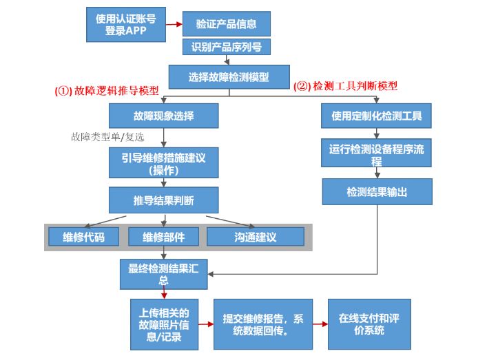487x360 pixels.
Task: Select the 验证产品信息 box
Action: click(227, 24)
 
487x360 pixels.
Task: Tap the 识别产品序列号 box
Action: click(227, 47)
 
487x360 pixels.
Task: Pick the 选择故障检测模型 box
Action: click(229, 76)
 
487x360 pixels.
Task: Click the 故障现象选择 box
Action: click(163, 116)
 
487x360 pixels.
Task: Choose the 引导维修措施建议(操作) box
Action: click(163, 163)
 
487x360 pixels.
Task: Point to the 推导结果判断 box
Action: click(163, 200)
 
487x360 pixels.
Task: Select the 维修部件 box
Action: click(163, 237)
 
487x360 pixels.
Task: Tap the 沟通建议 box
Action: click(256, 237)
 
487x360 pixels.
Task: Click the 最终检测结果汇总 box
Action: click(163, 274)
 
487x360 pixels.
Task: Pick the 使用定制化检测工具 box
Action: click(376, 116)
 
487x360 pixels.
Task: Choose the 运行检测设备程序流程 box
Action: click(376, 155)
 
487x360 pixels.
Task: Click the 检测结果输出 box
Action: click(376, 191)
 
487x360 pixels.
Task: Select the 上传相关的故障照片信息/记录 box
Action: click(164, 322)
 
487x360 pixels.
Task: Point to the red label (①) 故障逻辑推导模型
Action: click(107, 90)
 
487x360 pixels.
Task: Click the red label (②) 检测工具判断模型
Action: click(346, 86)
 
